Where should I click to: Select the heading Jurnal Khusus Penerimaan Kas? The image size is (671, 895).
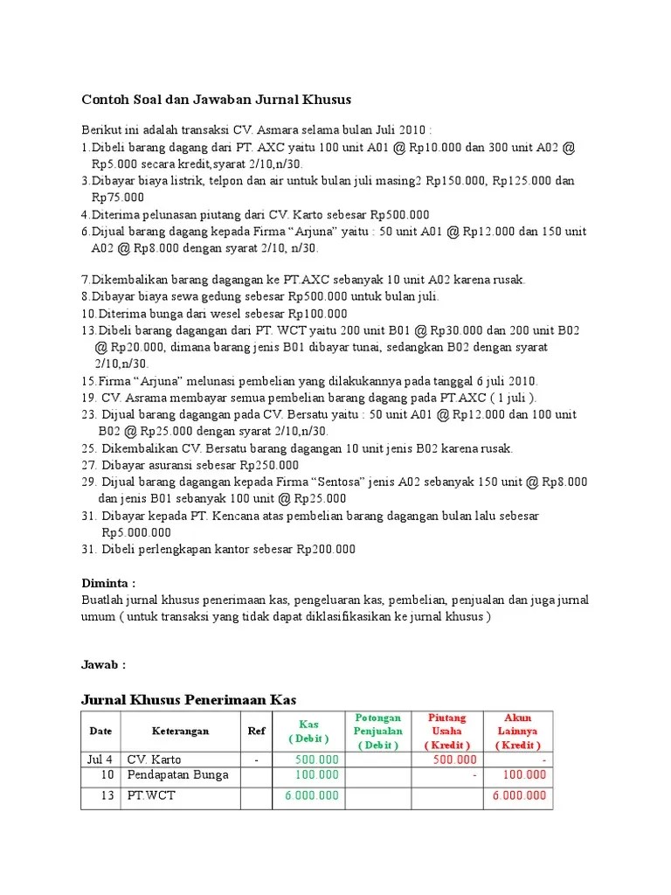tap(189, 699)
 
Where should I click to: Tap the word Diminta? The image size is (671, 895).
tap(108, 583)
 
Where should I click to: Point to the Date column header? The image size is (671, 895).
tap(100, 732)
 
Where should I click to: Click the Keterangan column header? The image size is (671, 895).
tap(180, 732)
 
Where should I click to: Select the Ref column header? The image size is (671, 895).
tap(256, 732)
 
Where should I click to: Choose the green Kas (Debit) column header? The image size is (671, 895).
tap(308, 732)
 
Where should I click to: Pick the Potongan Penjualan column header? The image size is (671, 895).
tap(378, 732)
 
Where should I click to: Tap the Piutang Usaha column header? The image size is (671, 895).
tap(446, 732)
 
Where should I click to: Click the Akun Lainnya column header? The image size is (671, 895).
tap(518, 732)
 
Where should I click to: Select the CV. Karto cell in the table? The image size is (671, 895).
tap(155, 760)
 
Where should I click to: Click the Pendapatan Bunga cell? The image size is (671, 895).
tap(178, 775)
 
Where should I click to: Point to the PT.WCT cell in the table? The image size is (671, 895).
tap(151, 796)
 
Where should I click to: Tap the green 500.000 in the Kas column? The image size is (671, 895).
tap(316, 760)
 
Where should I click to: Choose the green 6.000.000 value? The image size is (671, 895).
tap(312, 796)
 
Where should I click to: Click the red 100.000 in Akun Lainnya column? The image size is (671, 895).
tap(523, 775)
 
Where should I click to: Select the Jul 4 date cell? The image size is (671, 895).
tap(100, 760)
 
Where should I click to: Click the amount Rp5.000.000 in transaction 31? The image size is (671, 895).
tap(136, 532)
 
